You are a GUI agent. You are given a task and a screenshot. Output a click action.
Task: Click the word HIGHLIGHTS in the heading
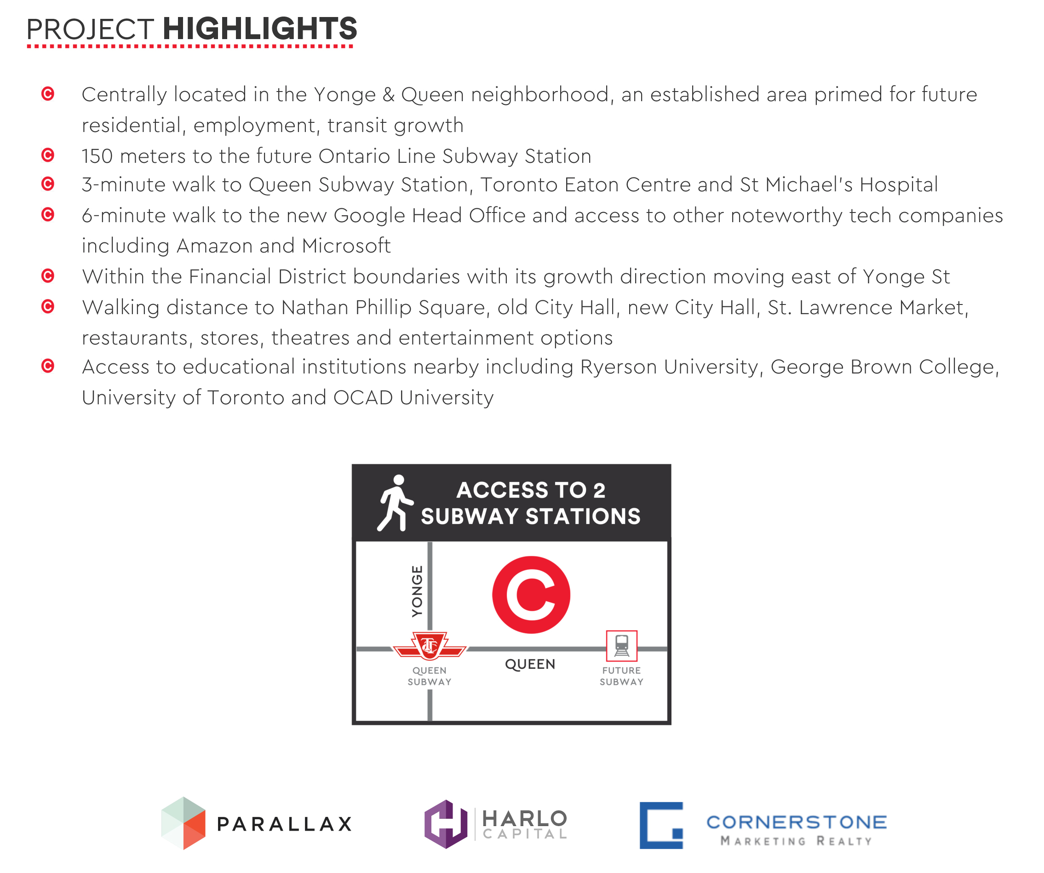pyautogui.click(x=260, y=29)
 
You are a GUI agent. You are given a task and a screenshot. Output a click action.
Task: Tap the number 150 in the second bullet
pyautogui.click(x=98, y=156)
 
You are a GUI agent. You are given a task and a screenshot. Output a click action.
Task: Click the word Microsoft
pyautogui.click(x=346, y=246)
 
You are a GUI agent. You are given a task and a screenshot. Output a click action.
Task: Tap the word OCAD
pyautogui.click(x=363, y=398)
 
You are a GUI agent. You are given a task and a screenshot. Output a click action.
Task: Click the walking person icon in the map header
pyautogui.click(x=395, y=503)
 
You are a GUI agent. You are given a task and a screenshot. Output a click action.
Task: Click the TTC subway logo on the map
pyautogui.click(x=430, y=646)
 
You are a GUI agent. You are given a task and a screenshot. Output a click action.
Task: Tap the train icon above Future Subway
pyautogui.click(x=621, y=646)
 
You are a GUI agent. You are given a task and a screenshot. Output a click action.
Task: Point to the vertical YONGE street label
pyautogui.click(x=417, y=591)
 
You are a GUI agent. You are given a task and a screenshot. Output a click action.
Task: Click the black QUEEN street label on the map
pyautogui.click(x=530, y=664)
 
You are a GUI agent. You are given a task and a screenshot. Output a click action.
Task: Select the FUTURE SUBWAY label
pyautogui.click(x=621, y=676)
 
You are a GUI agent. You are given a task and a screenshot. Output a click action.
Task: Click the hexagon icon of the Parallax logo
pyautogui.click(x=184, y=823)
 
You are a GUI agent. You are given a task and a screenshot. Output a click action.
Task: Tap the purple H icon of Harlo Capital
pyautogui.click(x=446, y=824)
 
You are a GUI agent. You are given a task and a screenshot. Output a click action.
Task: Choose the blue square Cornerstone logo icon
pyautogui.click(x=661, y=825)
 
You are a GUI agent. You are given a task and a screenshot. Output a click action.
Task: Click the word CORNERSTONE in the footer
pyautogui.click(x=797, y=822)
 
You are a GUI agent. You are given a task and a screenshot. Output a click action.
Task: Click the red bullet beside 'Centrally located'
pyautogui.click(x=48, y=93)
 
